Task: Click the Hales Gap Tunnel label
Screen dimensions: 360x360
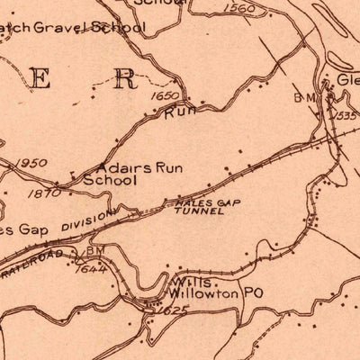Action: coord(191,208)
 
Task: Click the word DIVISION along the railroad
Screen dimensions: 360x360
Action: coord(88,220)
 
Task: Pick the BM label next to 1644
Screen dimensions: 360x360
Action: coord(95,251)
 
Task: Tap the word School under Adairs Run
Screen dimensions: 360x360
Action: coord(109,180)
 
